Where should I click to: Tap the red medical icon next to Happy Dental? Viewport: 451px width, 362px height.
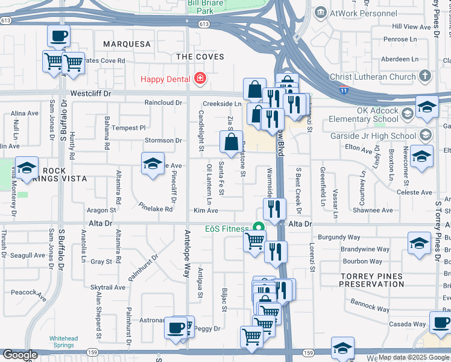coord(200,79)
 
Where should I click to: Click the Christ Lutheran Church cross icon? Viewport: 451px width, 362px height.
coord(425,77)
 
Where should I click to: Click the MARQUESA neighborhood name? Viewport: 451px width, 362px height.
coord(127,44)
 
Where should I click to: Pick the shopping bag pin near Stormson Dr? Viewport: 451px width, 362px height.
coord(231,142)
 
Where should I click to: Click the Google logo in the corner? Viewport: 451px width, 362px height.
coord(20,355)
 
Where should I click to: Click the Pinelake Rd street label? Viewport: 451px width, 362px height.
coord(157,209)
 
